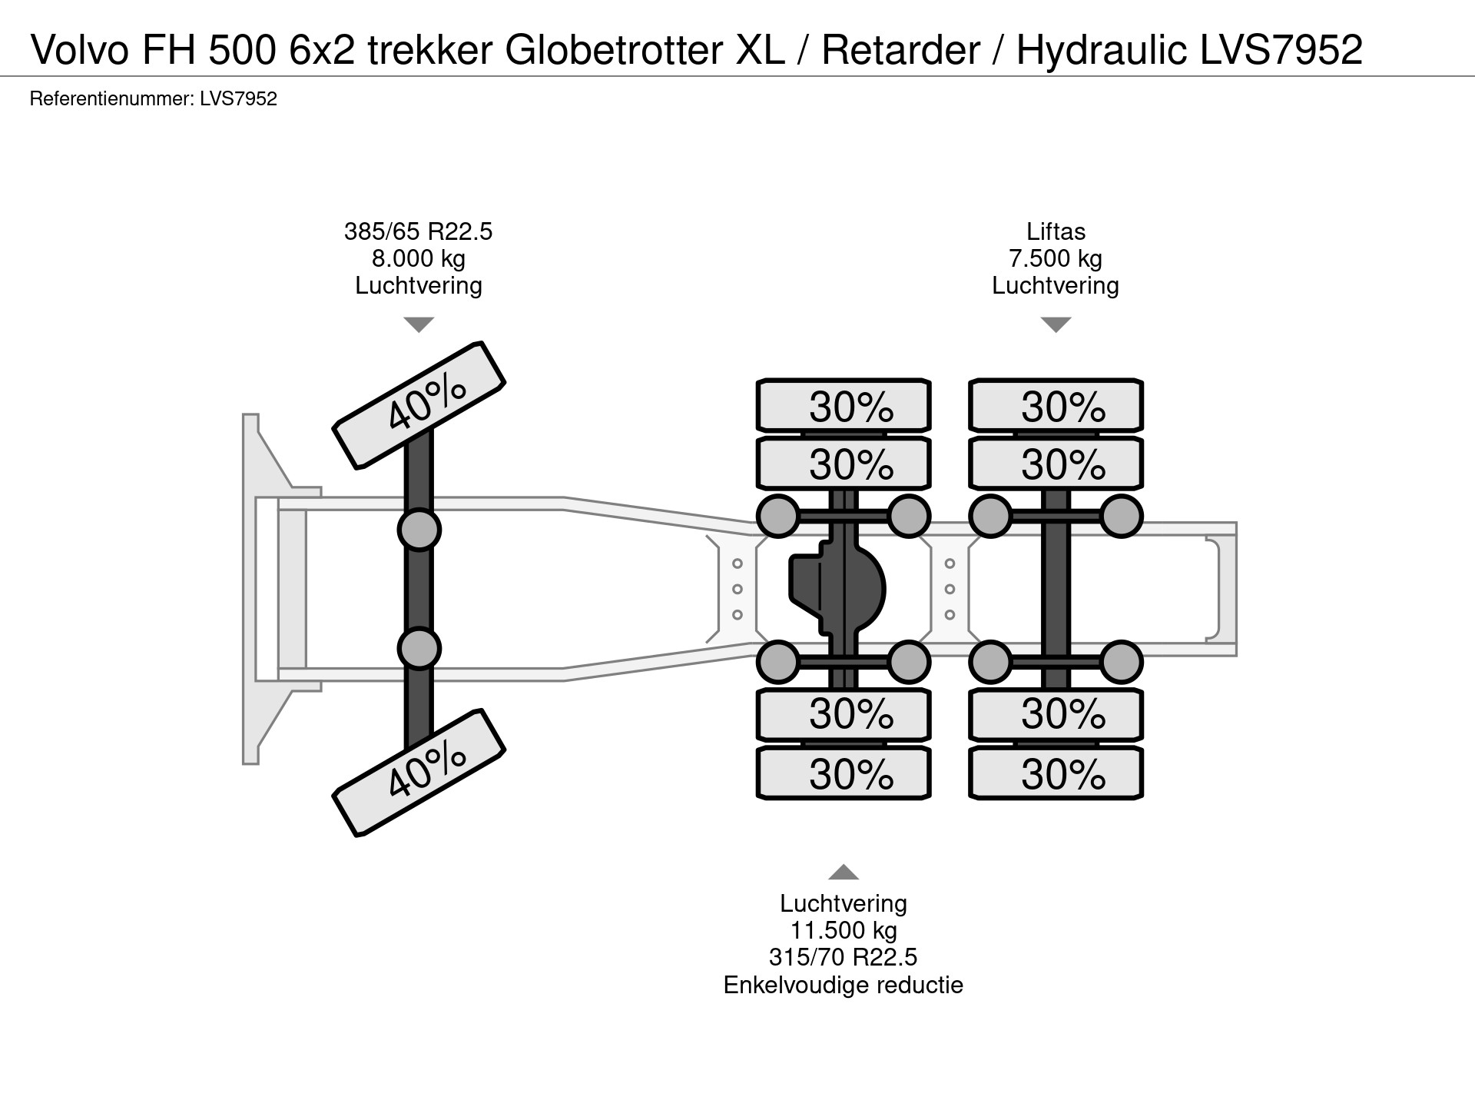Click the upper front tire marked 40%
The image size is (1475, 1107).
pyautogui.click(x=419, y=404)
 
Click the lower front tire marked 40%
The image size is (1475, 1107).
pyautogui.click(x=419, y=772)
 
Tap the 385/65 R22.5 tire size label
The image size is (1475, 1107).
pyautogui.click(x=418, y=231)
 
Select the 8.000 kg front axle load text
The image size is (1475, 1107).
pyautogui.click(x=418, y=258)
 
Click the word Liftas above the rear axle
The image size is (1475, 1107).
pyautogui.click(x=1056, y=231)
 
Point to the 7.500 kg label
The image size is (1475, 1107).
pyautogui.click(x=1056, y=258)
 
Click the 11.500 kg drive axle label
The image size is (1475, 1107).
pyautogui.click(x=844, y=930)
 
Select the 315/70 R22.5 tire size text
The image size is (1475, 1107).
pyautogui.click(x=844, y=957)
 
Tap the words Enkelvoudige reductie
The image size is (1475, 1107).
pyautogui.click(x=844, y=985)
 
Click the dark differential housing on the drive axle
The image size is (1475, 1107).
pyautogui.click(x=837, y=589)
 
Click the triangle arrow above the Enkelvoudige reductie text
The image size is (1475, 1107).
pyautogui.click(x=844, y=872)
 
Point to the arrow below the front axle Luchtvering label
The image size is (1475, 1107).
pyautogui.click(x=419, y=324)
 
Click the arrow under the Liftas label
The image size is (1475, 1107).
pyautogui.click(x=1056, y=324)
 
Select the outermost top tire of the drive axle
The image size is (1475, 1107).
pyautogui.click(x=844, y=405)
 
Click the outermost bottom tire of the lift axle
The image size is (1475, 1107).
pyautogui.click(x=1056, y=773)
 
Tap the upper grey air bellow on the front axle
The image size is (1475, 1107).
pyautogui.click(x=419, y=530)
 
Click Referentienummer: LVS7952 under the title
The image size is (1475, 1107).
pyautogui.click(x=153, y=98)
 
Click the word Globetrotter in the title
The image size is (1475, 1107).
pyautogui.click(x=613, y=49)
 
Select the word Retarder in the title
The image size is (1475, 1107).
pyautogui.click(x=900, y=49)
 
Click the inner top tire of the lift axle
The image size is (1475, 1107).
pyautogui.click(x=1056, y=464)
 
